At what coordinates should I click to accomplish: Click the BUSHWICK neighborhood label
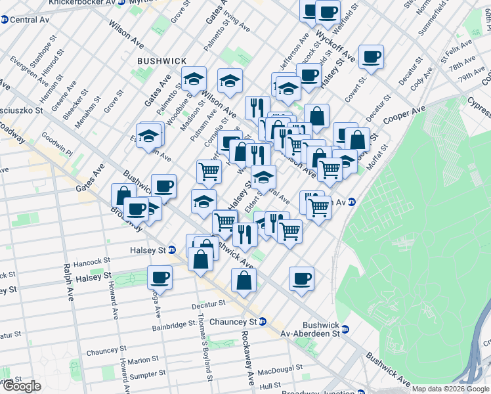click(161, 60)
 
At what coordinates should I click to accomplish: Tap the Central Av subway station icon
click(5, 20)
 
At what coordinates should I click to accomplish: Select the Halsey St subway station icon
click(171, 250)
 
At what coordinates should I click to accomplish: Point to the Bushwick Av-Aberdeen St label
click(321, 329)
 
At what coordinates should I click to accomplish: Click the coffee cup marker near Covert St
click(371, 57)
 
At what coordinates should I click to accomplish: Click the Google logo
click(21, 386)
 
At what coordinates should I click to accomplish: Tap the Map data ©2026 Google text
click(450, 389)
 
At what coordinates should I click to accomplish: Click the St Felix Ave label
click(458, 49)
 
